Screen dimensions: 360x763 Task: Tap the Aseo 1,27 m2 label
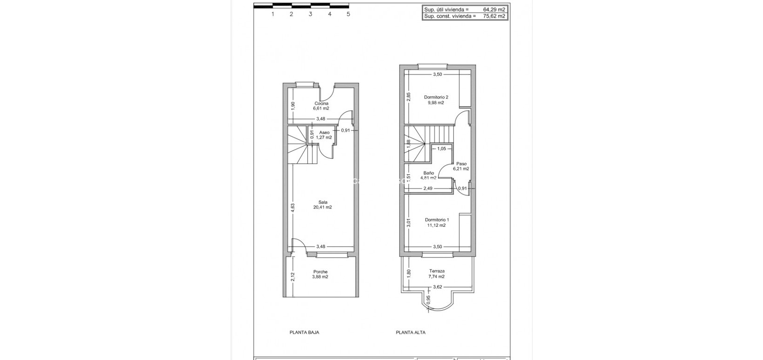pos(324,135)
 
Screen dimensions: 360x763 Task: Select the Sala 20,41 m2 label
pos(322,205)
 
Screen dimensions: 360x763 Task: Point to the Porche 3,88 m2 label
pos(320,274)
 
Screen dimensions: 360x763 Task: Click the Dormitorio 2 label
pos(436,100)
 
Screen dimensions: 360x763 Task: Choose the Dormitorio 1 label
pos(436,223)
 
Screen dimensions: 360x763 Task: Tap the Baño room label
pos(429,175)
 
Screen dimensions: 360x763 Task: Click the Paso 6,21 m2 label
pos(462,166)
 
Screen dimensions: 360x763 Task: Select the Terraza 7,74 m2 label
pos(436,273)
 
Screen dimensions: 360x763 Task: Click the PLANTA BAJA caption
pos(304,333)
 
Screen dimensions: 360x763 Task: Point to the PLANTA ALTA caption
pos(410,333)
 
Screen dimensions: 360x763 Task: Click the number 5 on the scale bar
pos(348,14)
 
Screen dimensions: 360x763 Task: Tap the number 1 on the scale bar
pos(272,14)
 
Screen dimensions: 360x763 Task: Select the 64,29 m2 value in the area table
pos(494,9)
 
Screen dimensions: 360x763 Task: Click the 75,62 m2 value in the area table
pos(494,16)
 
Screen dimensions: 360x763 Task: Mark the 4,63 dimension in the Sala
pos(293,208)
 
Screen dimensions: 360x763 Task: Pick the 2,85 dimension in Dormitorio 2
pos(409,97)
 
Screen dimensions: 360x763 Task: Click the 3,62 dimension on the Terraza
pos(437,287)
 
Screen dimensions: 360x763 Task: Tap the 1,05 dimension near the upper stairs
pos(441,149)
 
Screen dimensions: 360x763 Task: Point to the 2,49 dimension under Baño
pos(428,189)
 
